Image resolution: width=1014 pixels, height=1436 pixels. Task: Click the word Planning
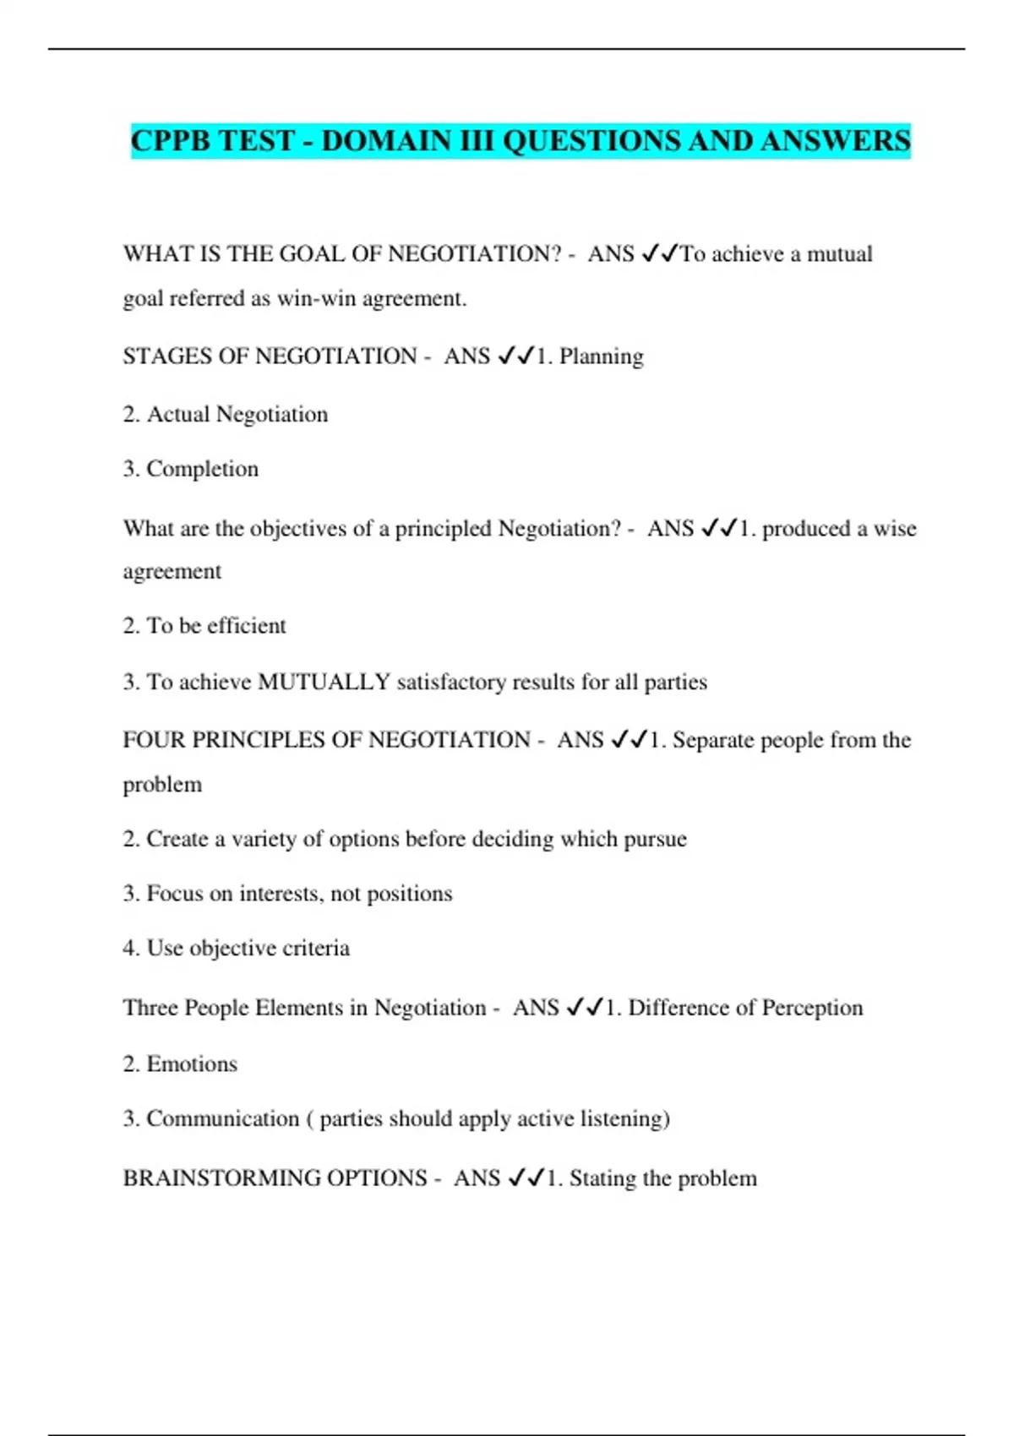pos(601,356)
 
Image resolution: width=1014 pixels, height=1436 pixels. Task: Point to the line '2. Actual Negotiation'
pos(225,415)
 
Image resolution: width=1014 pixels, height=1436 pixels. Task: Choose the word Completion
pos(202,469)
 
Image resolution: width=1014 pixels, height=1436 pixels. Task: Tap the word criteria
pos(315,948)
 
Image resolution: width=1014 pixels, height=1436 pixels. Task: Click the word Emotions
pos(192,1064)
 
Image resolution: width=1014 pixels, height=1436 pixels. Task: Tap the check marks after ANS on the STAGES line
pos(515,356)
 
